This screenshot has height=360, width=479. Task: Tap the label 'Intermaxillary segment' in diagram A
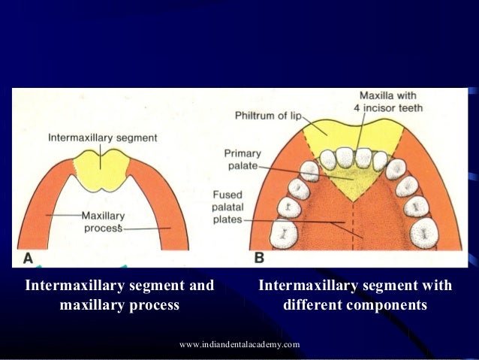click(103, 138)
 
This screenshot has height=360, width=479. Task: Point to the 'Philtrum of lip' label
click(266, 116)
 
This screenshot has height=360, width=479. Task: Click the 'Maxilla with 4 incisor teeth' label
click(390, 102)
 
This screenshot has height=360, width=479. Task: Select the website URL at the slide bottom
click(240, 344)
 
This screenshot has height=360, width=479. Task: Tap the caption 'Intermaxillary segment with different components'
click(355, 295)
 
